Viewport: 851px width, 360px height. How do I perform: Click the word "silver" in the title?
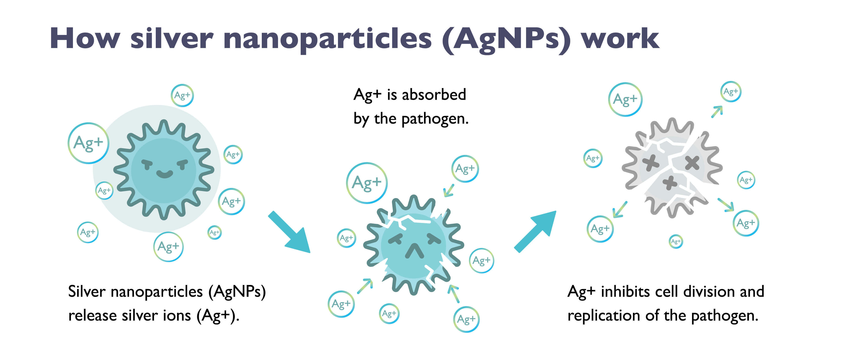172,38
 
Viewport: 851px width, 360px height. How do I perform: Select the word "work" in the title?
620,38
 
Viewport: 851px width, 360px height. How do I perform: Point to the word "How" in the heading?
85,38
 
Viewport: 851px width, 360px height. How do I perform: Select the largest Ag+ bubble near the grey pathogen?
625,99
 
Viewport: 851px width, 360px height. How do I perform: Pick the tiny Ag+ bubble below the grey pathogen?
676,242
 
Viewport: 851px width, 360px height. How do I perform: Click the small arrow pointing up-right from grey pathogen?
717,112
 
